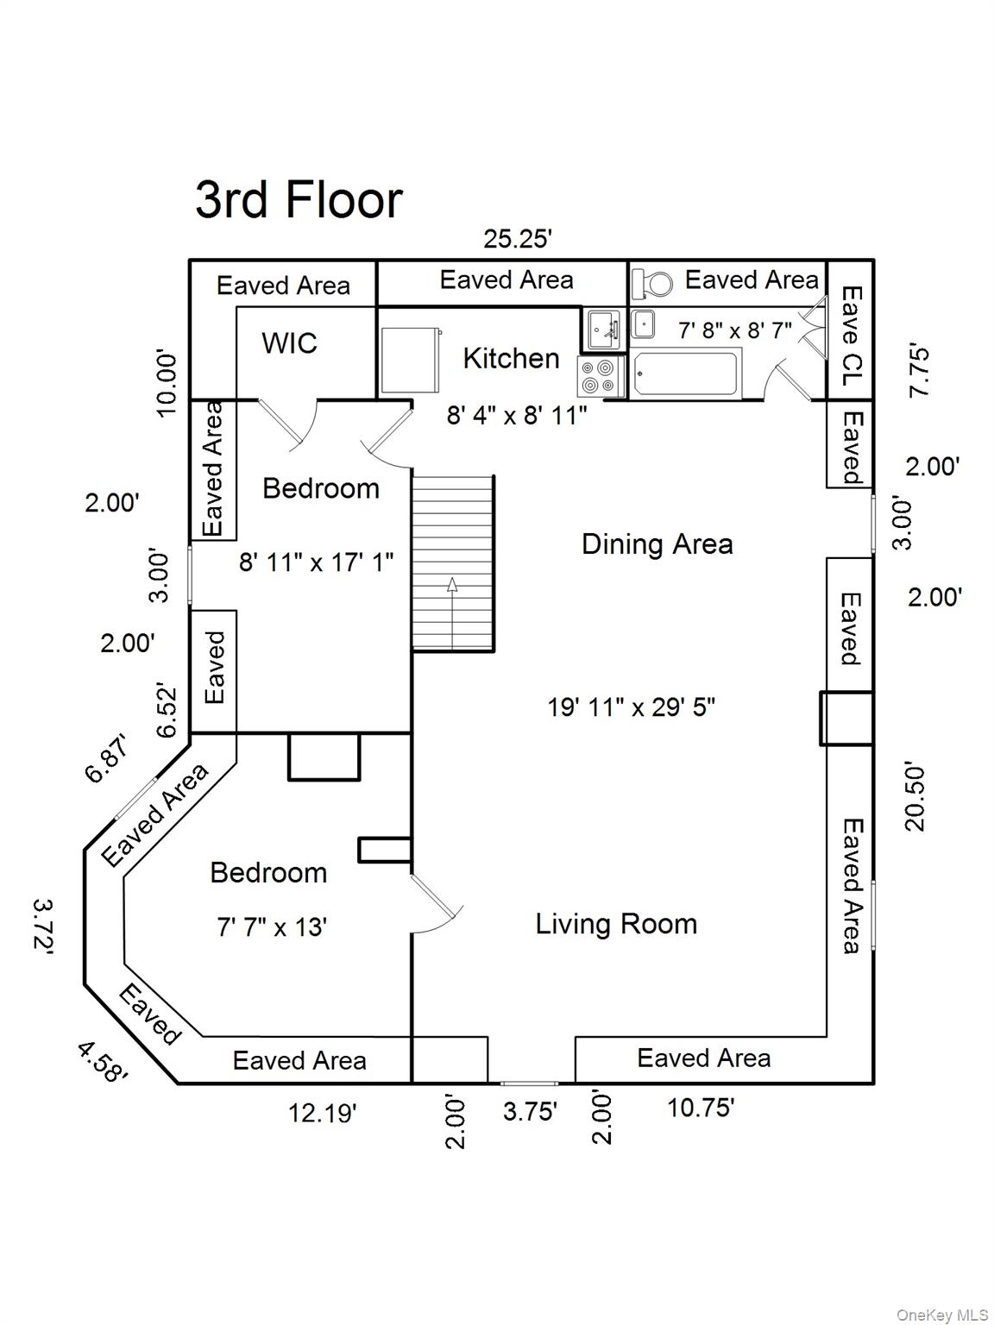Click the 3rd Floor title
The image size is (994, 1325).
pos(299,200)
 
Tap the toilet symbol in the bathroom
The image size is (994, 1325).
pos(652,283)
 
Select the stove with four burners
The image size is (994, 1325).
pos(601,376)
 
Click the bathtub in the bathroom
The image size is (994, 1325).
pos(686,374)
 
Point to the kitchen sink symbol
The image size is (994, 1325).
pos(602,329)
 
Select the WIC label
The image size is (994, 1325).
pos(289,343)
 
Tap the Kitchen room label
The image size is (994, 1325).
pos(511,358)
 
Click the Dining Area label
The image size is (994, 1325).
pos(657,544)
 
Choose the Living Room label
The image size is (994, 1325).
pos(616,924)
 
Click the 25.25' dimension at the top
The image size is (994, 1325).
pos(517,239)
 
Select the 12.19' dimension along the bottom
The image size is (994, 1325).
pos(322,1113)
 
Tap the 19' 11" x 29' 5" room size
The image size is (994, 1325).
pos(631,707)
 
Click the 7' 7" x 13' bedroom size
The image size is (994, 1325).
pos(271,927)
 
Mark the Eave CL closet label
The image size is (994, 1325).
pos(851,337)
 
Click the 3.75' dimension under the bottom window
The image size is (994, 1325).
pos(530,1111)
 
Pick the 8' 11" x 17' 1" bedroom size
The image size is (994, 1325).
pos(316,562)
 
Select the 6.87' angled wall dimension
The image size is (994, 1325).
pos(107,758)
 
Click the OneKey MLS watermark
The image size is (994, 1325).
pos(941,1315)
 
